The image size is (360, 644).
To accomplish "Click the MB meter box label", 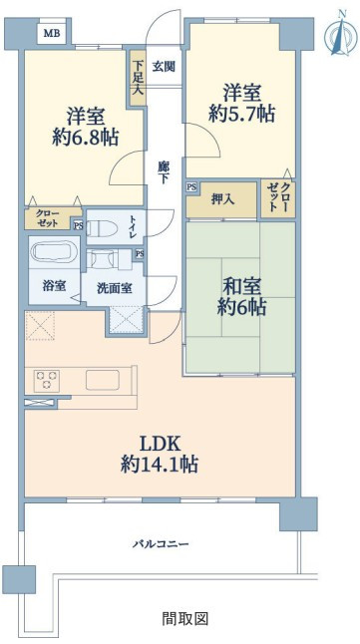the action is coord(52,33).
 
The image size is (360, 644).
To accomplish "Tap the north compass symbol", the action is coord(341,35).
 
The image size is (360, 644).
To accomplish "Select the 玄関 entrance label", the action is coord(164,67).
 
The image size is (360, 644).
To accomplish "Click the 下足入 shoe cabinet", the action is coord(138,78).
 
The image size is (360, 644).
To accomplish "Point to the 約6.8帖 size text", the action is coord(86,138).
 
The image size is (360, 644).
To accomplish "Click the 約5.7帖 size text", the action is coord(242,114).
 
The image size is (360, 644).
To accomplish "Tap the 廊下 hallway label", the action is coord(164,172).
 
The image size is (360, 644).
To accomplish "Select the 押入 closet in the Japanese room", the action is coord(222,200).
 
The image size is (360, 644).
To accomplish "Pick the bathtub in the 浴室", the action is coord(54,251).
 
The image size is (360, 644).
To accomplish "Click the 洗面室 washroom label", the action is coord(115,288).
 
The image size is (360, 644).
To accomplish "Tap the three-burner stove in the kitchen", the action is coord(47,381).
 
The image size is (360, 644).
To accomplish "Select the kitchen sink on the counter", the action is coord(103,380).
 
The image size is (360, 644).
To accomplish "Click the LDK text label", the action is coord(160,445).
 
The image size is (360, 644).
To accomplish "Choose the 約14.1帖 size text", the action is coord(160,465).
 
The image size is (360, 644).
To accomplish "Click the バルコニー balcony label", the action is coord(161,544).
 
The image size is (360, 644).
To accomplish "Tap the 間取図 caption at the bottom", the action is coord(184,618).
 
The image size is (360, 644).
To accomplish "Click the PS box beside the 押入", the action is coord(191,186).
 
